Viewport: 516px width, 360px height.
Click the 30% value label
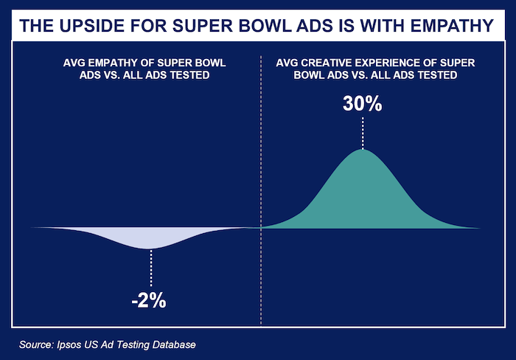pos(362,104)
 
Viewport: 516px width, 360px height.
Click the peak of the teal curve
pos(362,150)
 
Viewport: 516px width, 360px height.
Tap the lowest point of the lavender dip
pos(150,249)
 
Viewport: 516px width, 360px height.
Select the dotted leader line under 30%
pos(362,133)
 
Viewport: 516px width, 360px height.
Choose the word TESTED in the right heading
pos(436,75)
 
